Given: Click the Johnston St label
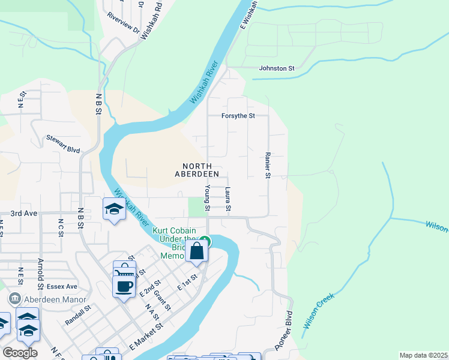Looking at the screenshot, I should click(276, 68).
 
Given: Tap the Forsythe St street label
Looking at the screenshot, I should click(238, 115).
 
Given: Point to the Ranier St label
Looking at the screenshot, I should click(268, 164).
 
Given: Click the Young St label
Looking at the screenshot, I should click(206, 198).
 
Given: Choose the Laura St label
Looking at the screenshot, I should click(228, 199).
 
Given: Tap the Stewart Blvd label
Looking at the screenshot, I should click(63, 143).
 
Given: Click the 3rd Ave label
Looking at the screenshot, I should click(24, 214).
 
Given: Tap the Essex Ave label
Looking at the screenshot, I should click(63, 286).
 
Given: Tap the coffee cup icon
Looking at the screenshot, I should click(124, 286).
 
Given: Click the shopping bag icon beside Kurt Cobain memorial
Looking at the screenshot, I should click(196, 251).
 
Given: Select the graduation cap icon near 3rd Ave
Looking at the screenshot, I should click(113, 209).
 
